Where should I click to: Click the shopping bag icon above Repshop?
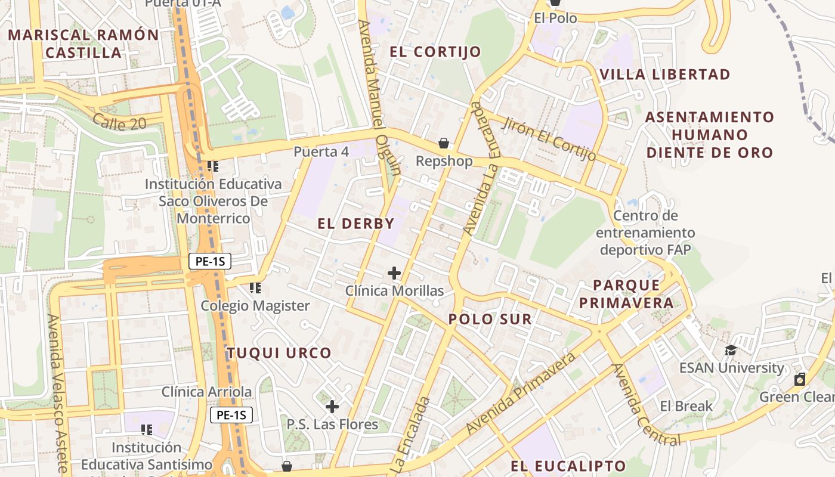click(x=443, y=143)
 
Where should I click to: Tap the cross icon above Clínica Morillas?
click(x=394, y=273)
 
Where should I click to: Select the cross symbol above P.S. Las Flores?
click(x=332, y=407)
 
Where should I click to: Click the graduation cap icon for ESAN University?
click(x=731, y=350)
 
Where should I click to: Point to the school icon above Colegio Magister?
click(x=255, y=288)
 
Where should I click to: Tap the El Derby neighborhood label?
click(x=356, y=224)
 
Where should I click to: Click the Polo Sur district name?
click(x=490, y=319)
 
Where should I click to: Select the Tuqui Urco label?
click(x=279, y=352)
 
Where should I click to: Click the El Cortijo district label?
click(x=435, y=52)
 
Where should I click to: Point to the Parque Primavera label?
click(x=626, y=294)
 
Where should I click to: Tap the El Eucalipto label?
click(x=568, y=466)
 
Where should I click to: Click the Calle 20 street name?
click(x=119, y=123)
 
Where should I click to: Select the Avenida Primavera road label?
click(x=521, y=394)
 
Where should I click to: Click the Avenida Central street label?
click(x=646, y=405)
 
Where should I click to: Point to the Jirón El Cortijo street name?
click(x=549, y=139)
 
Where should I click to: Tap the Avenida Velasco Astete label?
click(x=58, y=394)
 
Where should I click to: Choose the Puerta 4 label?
click(x=321, y=152)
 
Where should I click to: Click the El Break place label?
click(x=686, y=406)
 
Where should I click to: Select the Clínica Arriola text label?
click(x=206, y=392)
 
